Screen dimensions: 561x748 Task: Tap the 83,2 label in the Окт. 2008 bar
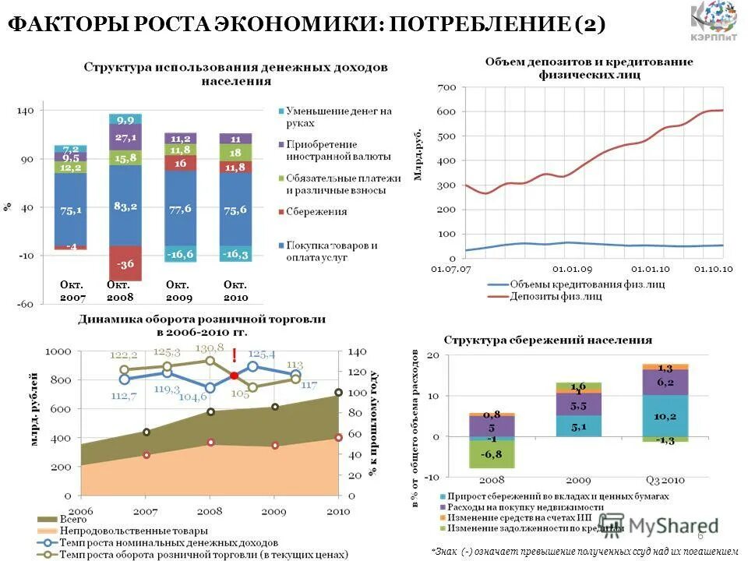click(125, 206)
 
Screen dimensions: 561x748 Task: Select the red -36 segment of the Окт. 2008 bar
click(125, 263)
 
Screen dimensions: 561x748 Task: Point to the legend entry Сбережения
click(316, 212)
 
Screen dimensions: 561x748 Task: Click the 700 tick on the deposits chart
click(445, 88)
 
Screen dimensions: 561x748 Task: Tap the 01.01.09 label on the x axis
click(573, 270)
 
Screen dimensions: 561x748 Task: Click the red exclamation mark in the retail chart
click(234, 356)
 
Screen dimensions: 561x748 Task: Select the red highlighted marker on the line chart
click(234, 376)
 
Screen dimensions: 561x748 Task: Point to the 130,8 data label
click(210, 348)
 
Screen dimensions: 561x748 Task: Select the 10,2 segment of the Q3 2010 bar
click(665, 418)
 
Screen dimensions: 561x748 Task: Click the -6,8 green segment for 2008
click(491, 454)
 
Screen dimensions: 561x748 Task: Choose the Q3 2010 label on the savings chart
click(664, 481)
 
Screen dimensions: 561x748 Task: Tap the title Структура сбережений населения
click(548, 340)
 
